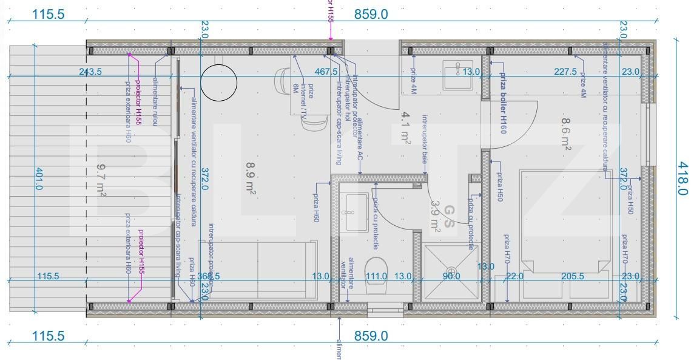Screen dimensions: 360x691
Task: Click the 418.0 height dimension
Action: (x=683, y=178)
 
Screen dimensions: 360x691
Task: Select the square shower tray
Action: (x=451, y=273)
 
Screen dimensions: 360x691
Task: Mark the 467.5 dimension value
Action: (x=326, y=72)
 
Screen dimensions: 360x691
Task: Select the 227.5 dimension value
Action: (x=565, y=72)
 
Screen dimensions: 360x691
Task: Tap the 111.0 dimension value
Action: (x=376, y=276)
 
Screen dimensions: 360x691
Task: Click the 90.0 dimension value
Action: (x=451, y=276)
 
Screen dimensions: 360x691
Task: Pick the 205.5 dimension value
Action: (x=573, y=276)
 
